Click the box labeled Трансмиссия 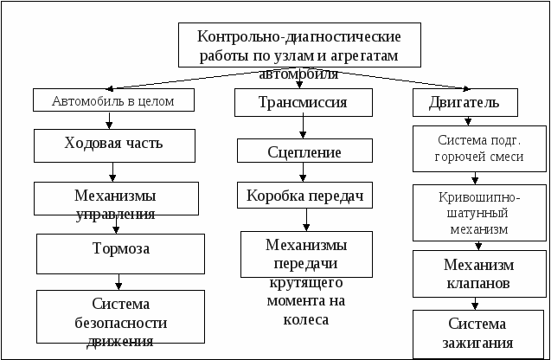[304, 102]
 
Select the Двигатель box [465, 102]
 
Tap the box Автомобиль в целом [113, 100]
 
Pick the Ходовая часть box [114, 145]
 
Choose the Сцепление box [304, 151]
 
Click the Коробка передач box [304, 195]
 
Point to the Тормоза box [120, 254]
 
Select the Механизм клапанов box [479, 273]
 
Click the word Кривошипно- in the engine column [479, 197]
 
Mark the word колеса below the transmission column [306, 319]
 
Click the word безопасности [120, 323]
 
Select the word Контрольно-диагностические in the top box [298, 36]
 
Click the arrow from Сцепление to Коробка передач [303, 172]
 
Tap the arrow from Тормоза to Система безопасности [119, 282]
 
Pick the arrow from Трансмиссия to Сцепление [303, 127]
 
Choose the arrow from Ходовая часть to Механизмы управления [112, 172]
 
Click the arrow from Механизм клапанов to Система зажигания [475, 304]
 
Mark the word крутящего [306, 283]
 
